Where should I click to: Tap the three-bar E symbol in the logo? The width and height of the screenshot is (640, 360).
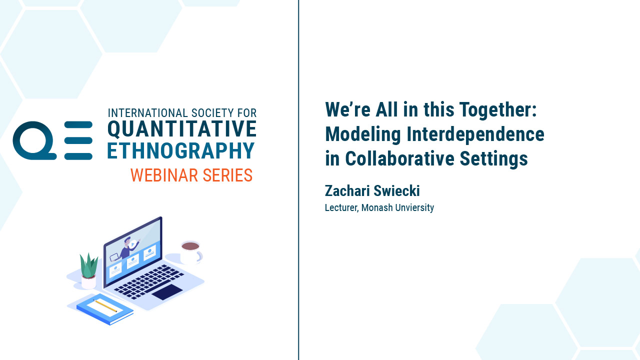tap(78, 140)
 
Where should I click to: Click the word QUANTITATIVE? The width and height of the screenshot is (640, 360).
tap(182, 129)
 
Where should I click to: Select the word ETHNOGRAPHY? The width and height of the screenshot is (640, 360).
tap(181, 150)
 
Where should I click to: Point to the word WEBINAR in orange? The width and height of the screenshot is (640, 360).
tap(164, 175)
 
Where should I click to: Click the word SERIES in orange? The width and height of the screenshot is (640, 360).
tap(227, 175)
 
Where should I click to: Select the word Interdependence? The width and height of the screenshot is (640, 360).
tap(475, 134)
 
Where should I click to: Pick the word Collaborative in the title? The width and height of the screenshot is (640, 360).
tap(399, 158)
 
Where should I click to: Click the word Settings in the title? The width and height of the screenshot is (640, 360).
tap(493, 159)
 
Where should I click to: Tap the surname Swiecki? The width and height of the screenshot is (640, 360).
tap(396, 190)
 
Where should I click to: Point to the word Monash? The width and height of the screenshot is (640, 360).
tap(377, 207)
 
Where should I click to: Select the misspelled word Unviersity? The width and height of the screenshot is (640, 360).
tap(414, 207)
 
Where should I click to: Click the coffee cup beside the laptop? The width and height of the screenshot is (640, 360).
tap(191, 252)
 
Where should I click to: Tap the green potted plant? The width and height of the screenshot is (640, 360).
tap(89, 270)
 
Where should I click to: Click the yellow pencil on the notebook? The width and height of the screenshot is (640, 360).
tap(105, 305)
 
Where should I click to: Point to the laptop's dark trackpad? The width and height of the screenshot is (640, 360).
tap(167, 292)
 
